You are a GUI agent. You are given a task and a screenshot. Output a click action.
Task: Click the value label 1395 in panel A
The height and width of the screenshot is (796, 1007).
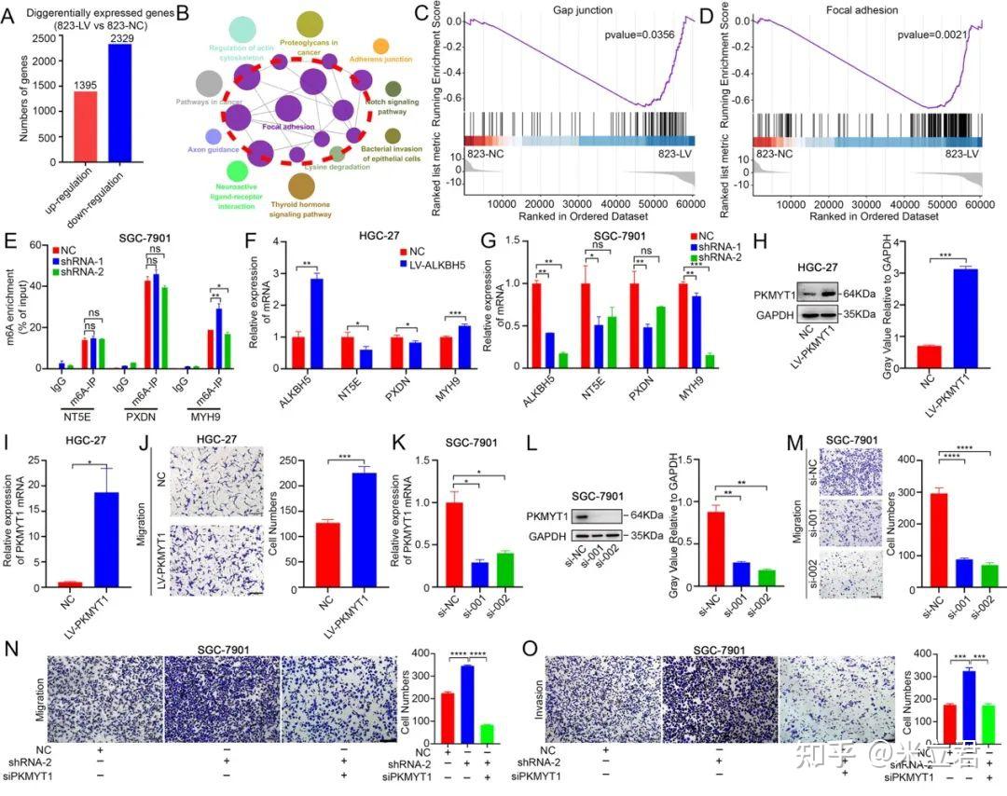pyautogui.click(x=75, y=84)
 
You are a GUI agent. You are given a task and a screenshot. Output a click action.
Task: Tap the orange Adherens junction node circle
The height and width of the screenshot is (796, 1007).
pyautogui.click(x=380, y=47)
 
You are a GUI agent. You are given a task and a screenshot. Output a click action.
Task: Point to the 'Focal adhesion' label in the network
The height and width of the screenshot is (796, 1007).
pyautogui.click(x=287, y=126)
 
